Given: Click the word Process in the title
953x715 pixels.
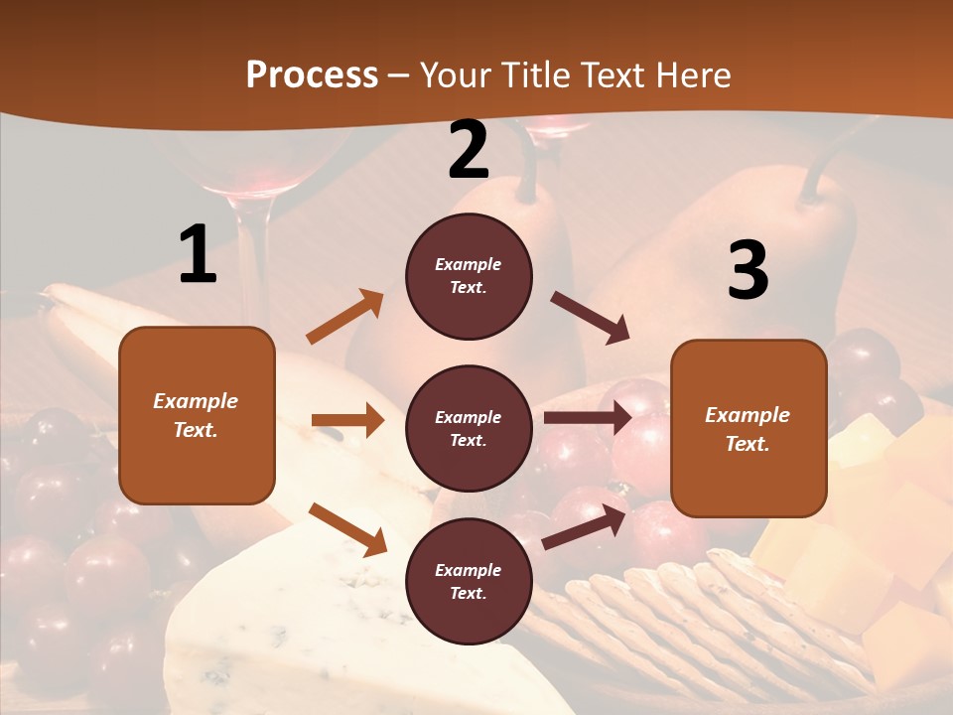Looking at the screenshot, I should click(x=312, y=75).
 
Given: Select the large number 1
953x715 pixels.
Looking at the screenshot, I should click(x=198, y=254).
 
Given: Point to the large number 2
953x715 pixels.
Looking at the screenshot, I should click(x=469, y=150).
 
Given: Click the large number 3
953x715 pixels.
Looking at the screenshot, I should click(x=748, y=270).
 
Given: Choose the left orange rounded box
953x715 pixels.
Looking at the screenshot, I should click(x=197, y=415).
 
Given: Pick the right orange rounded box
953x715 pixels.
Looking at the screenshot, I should click(x=749, y=428).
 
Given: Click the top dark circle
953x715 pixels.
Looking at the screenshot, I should click(x=469, y=276).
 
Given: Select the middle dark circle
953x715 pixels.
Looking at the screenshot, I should click(x=469, y=428).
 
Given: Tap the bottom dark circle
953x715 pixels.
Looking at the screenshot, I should click(x=469, y=581).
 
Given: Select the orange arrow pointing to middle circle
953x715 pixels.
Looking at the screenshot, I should click(x=347, y=420).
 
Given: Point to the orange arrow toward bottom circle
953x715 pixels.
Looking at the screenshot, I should click(x=347, y=528).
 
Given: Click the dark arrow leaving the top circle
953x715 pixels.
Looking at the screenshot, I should click(x=590, y=318).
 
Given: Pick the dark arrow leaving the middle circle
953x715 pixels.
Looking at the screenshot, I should click(x=588, y=418).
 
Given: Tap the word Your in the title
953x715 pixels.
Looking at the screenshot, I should click(x=456, y=75).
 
